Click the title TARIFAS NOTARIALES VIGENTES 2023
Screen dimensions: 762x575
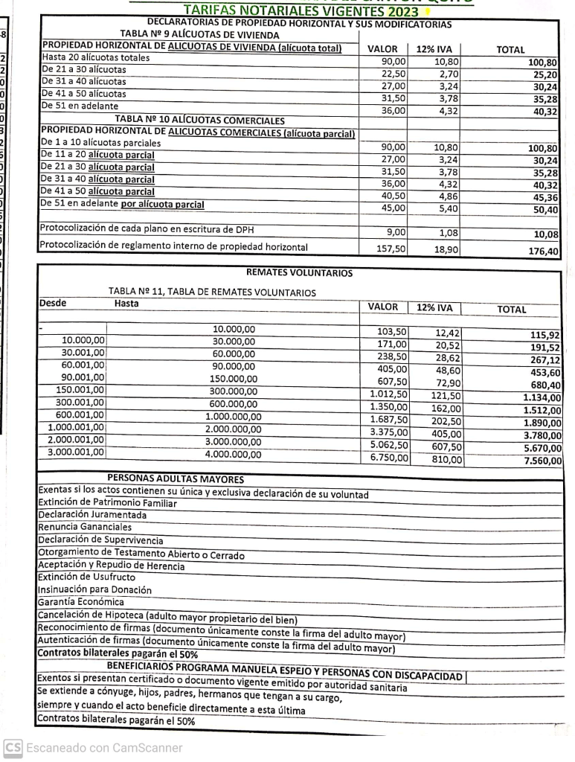pyautogui.click(x=301, y=10)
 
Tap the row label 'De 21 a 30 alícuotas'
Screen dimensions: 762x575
pyautogui.click(x=84, y=69)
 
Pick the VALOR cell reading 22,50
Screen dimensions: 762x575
pyautogui.click(x=393, y=74)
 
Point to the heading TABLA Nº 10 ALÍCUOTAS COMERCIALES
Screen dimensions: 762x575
pyautogui.click(x=199, y=120)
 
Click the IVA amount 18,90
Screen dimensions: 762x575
pyautogui.click(x=446, y=249)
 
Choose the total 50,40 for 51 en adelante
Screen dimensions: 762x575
pyautogui.click(x=545, y=210)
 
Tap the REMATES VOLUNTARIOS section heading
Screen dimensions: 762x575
pyautogui.click(x=299, y=273)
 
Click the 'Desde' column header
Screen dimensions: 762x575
pyautogui.click(x=53, y=303)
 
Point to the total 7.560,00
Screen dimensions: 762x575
pyautogui.click(x=542, y=461)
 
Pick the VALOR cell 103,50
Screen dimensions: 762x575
pyautogui.click(x=392, y=332)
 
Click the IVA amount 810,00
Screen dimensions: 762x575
pyautogui.click(x=447, y=460)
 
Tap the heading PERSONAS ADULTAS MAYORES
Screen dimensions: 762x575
pyautogui.click(x=176, y=478)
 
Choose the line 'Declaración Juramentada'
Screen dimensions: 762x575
pyautogui.click(x=92, y=515)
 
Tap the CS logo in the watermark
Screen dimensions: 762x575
pyautogui.click(x=13, y=747)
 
